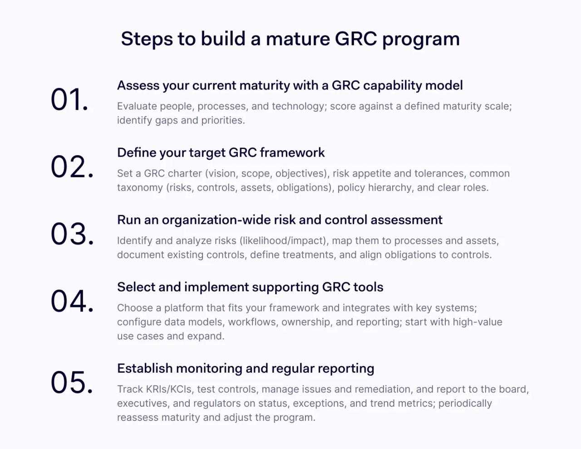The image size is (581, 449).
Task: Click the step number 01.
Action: pos(69,100)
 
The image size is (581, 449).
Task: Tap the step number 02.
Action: pos(72,167)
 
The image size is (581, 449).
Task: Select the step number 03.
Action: pos(72,234)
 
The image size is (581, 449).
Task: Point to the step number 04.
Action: pos(72,301)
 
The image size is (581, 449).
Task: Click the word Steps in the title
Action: pos(147,39)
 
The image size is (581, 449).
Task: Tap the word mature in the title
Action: pos(298,39)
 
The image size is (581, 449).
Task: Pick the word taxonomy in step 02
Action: pos(140,188)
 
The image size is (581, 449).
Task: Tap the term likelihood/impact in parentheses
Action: pos(282,241)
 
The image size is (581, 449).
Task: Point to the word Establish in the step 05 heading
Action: pos(145,368)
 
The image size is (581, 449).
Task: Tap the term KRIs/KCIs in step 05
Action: pos(168,389)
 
